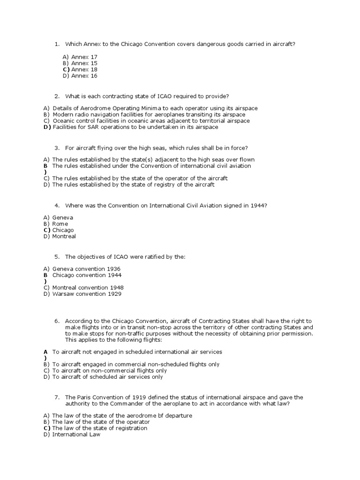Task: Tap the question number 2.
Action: click(x=57, y=96)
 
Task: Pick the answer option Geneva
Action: click(x=63, y=217)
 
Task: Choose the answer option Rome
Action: click(x=60, y=224)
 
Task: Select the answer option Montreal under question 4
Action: click(x=64, y=236)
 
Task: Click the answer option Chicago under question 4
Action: click(x=63, y=230)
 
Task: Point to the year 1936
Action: click(x=113, y=269)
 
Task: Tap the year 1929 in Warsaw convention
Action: click(x=114, y=294)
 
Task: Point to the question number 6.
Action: click(x=57, y=321)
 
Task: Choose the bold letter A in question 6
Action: click(x=45, y=351)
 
